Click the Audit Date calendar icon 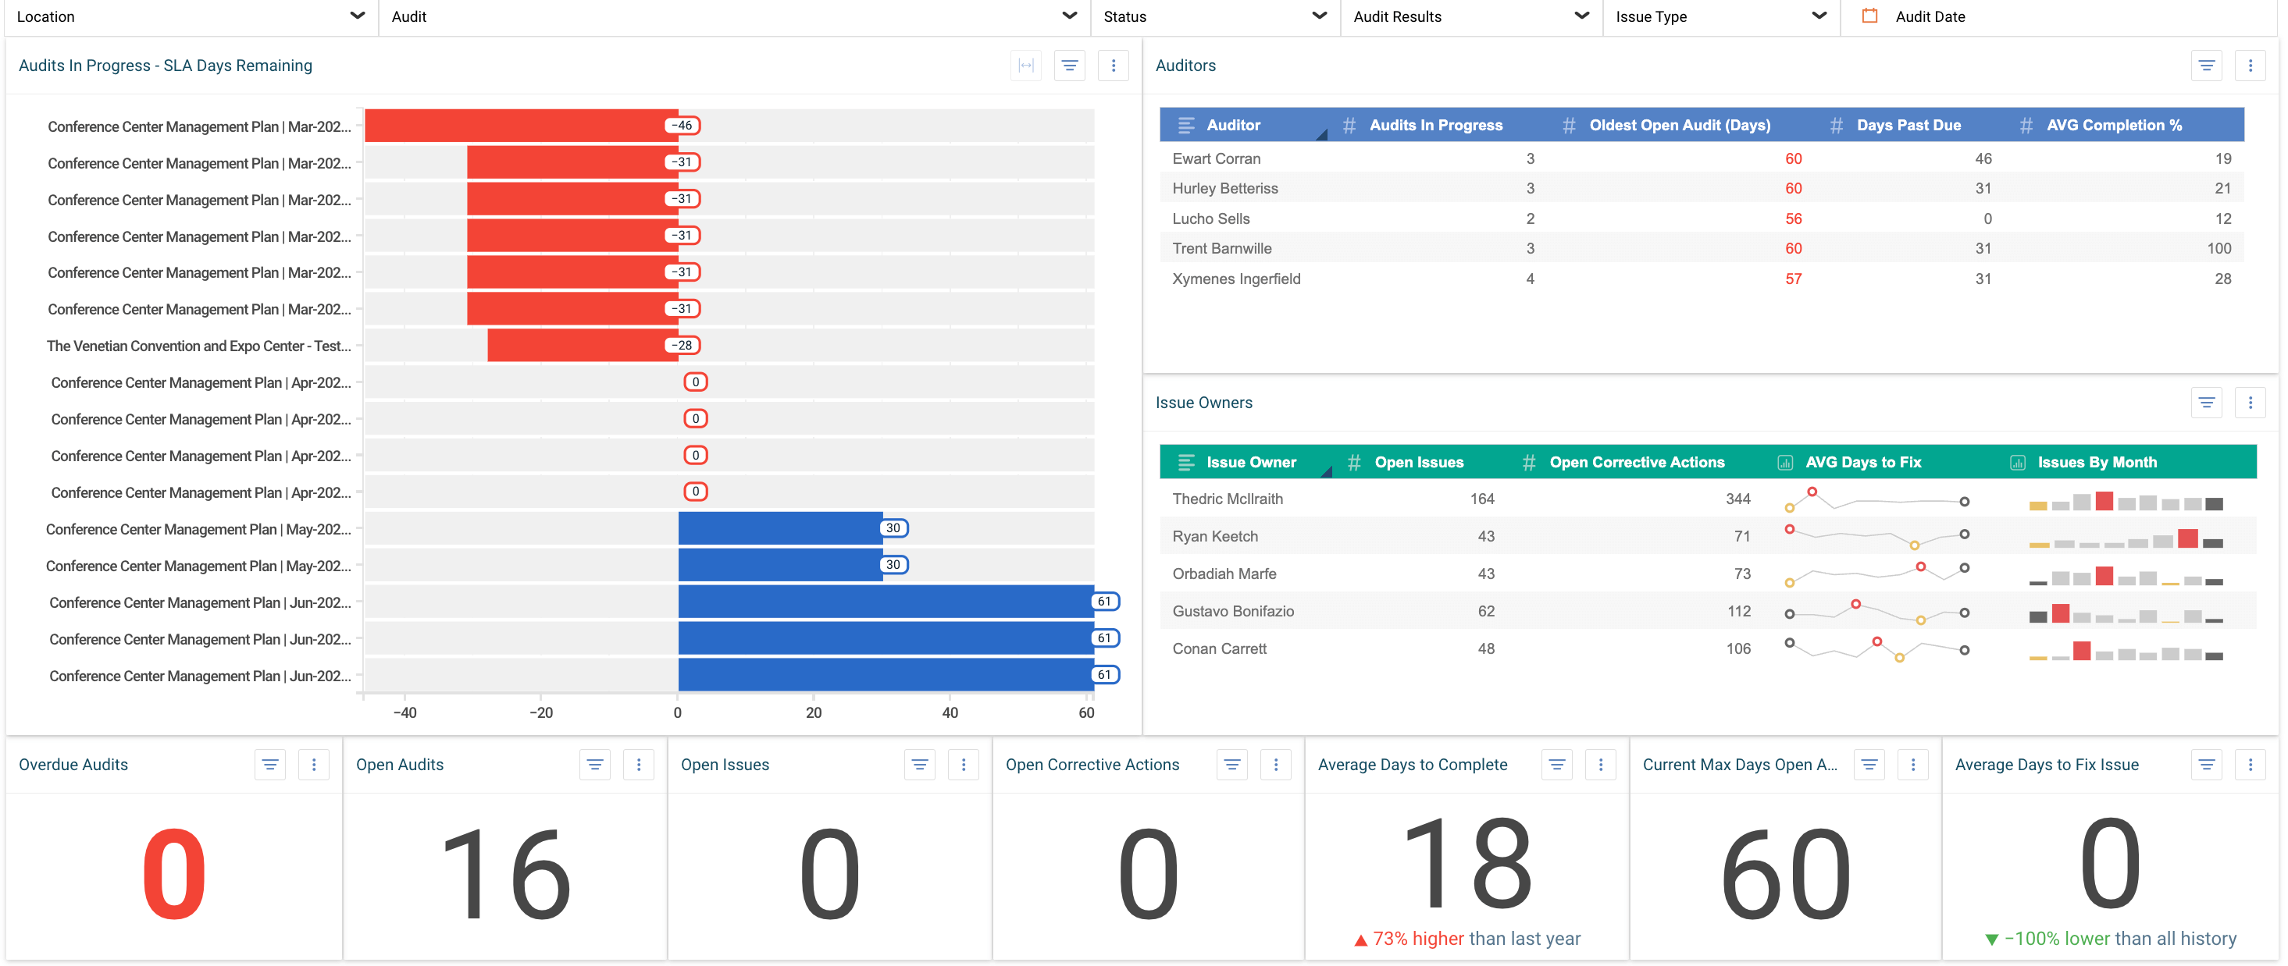[x=1869, y=16]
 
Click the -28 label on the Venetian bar [x=682, y=346]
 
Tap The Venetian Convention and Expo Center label [x=199, y=346]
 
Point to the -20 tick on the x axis [x=541, y=713]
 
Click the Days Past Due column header [x=1908, y=125]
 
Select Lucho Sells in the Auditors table [x=1210, y=218]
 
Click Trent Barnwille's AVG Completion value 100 [x=2218, y=249]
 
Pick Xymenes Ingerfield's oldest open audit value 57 [x=1792, y=279]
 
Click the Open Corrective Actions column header [x=1636, y=463]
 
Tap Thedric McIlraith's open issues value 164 [x=1481, y=499]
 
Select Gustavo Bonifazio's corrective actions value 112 [x=1738, y=612]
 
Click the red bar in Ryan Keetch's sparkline [x=2187, y=538]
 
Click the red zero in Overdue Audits [x=174, y=874]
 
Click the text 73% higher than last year [x=1475, y=939]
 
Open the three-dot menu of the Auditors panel [x=2250, y=66]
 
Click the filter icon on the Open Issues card [x=919, y=765]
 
